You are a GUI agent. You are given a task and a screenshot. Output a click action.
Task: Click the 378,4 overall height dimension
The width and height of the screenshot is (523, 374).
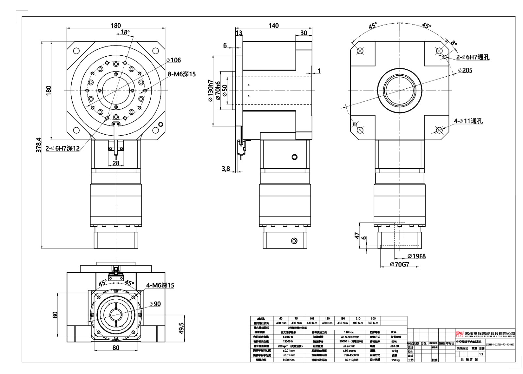pos(39,144)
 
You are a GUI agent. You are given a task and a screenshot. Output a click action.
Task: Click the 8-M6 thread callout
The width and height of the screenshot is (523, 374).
pos(182,74)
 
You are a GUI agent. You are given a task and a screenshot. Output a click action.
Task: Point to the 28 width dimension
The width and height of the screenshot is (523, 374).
pos(116,163)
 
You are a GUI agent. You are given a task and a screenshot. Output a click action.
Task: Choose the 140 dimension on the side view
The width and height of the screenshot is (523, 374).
pos(274,26)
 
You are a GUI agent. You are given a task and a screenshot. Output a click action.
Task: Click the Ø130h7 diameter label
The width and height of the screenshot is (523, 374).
pos(211,91)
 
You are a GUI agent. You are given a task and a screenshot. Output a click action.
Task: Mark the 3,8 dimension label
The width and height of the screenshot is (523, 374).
pos(226,169)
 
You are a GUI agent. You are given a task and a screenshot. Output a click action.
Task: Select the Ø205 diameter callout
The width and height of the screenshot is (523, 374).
pos(465,70)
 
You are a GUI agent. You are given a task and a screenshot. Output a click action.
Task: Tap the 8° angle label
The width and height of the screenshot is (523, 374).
pos(454,43)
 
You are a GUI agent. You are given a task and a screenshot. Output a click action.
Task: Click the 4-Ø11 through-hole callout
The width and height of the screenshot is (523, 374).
pos(468,121)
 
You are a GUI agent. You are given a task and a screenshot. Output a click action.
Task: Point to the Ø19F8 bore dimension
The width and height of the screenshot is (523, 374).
pos(416,256)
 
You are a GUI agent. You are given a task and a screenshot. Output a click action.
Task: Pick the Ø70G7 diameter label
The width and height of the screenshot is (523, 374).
pos(399,264)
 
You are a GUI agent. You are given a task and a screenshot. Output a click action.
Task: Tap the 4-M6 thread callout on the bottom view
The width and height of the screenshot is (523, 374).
pos(160,286)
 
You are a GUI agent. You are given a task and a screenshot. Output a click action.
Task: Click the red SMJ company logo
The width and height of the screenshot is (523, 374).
pos(460,334)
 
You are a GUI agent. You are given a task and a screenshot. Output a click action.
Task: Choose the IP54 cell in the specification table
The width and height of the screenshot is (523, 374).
pos(393,332)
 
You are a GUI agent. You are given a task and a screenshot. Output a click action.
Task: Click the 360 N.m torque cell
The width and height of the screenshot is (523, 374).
pos(373,323)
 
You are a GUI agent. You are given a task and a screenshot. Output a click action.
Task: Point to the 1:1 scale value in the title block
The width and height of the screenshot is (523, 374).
pos(481,354)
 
